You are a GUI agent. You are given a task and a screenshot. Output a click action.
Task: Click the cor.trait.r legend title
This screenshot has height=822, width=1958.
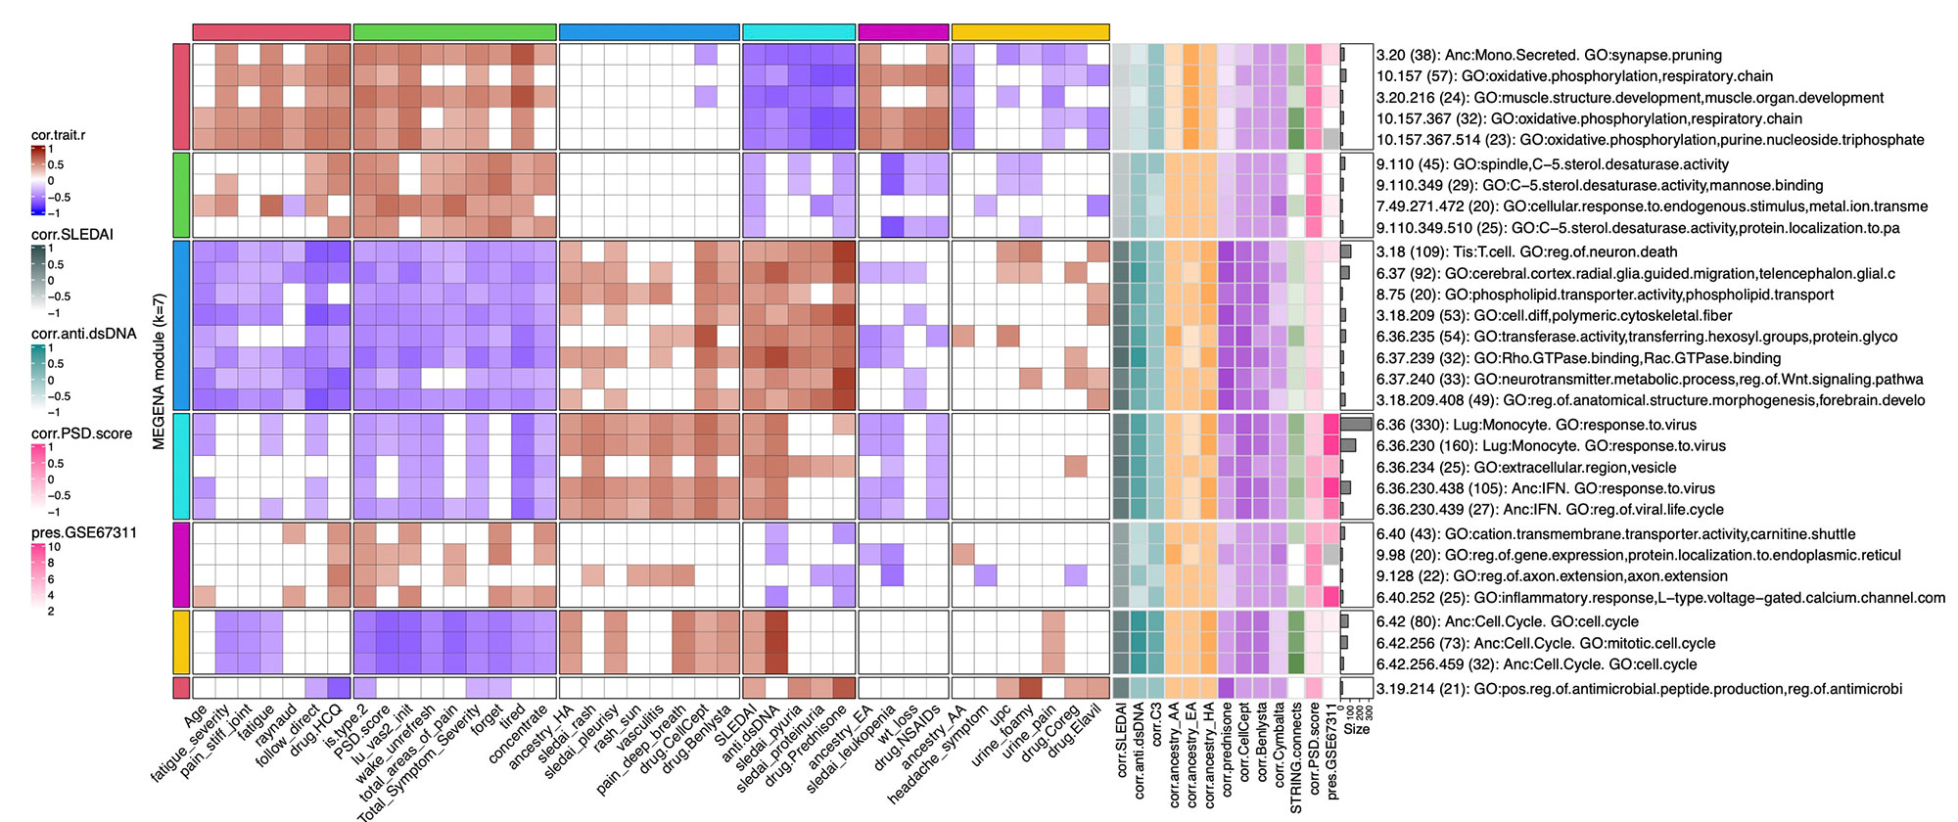[58, 135]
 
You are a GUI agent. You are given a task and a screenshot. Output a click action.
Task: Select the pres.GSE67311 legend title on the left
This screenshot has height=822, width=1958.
[83, 532]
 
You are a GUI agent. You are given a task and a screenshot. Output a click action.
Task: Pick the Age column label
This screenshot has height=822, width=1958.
[196, 721]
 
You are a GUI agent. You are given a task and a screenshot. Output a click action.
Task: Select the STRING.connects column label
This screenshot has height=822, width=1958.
[1296, 757]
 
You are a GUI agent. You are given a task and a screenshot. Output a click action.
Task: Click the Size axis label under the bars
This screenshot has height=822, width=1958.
[1357, 729]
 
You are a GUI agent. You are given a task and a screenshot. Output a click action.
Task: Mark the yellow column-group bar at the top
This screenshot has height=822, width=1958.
[1030, 32]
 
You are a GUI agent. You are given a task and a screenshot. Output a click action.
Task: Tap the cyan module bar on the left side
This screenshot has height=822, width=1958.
[181, 466]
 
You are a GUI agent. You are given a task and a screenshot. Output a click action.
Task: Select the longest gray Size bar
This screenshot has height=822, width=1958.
[1357, 425]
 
